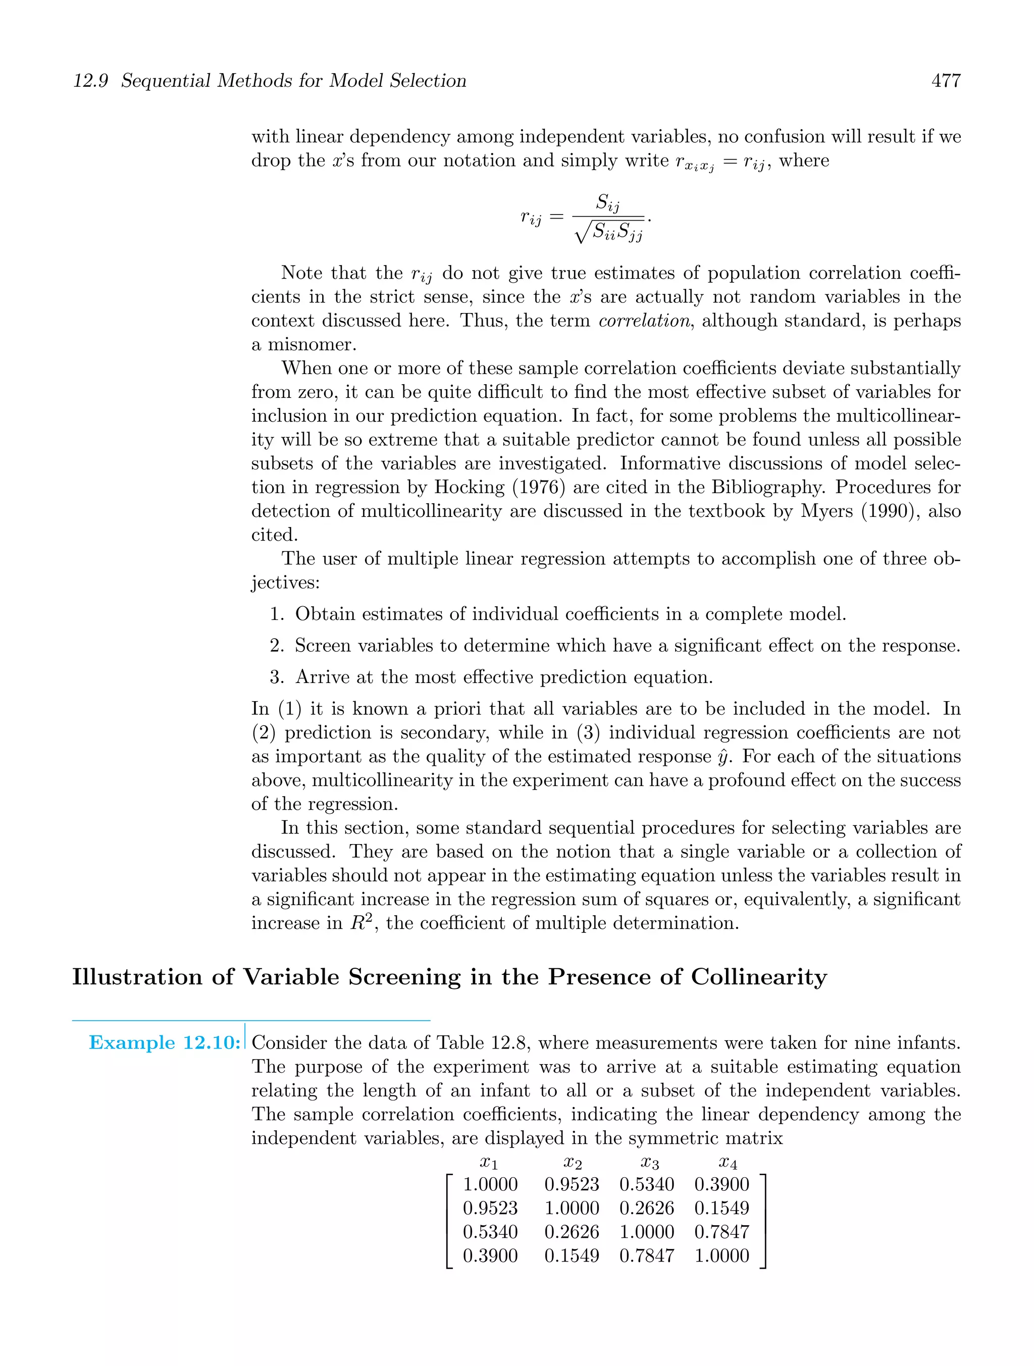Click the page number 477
[946, 81]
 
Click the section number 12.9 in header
[91, 81]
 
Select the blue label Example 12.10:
[164, 1043]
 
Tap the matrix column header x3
[650, 1163]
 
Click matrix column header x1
[489, 1163]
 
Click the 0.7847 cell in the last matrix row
[647, 1256]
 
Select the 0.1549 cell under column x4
[721, 1209]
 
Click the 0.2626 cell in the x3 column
[647, 1209]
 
